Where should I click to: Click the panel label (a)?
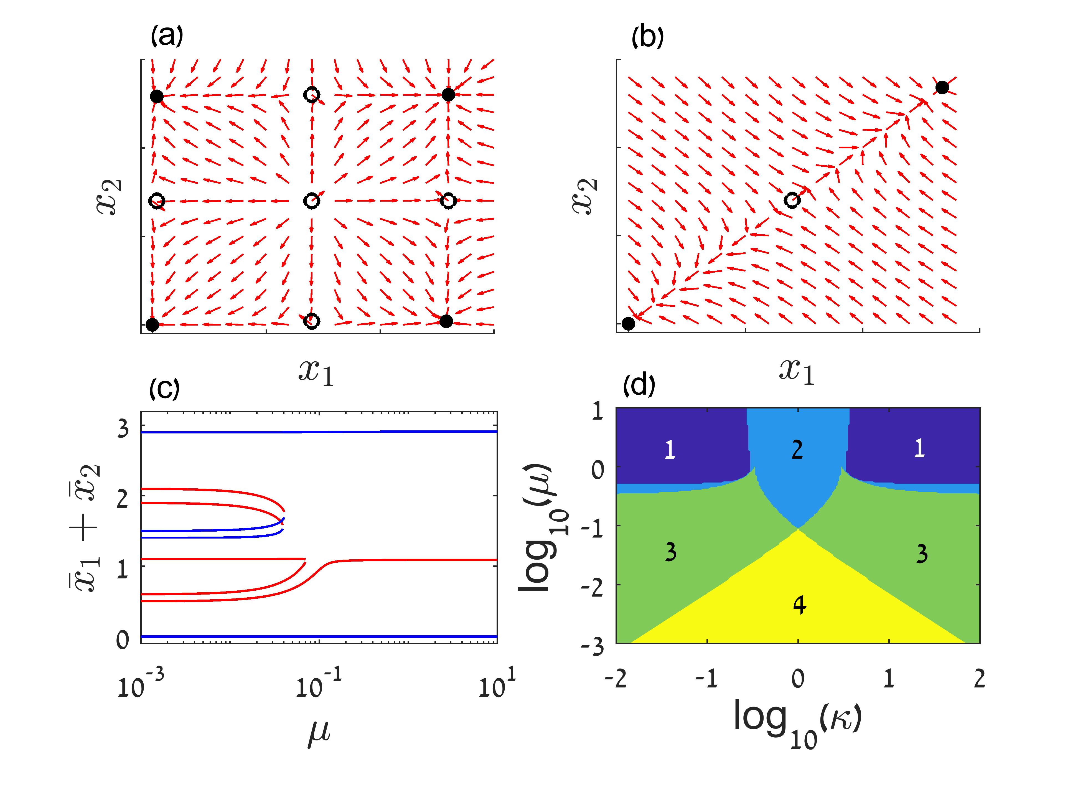click(x=166, y=36)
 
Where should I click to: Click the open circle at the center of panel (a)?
click(x=311, y=201)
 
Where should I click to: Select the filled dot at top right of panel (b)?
click(x=942, y=88)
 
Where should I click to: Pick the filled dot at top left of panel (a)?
click(x=157, y=96)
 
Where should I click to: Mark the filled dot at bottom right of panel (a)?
click(x=446, y=321)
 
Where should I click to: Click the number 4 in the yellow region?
click(x=799, y=606)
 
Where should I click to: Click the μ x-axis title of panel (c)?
click(x=318, y=736)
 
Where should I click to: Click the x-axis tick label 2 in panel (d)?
click(x=979, y=679)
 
